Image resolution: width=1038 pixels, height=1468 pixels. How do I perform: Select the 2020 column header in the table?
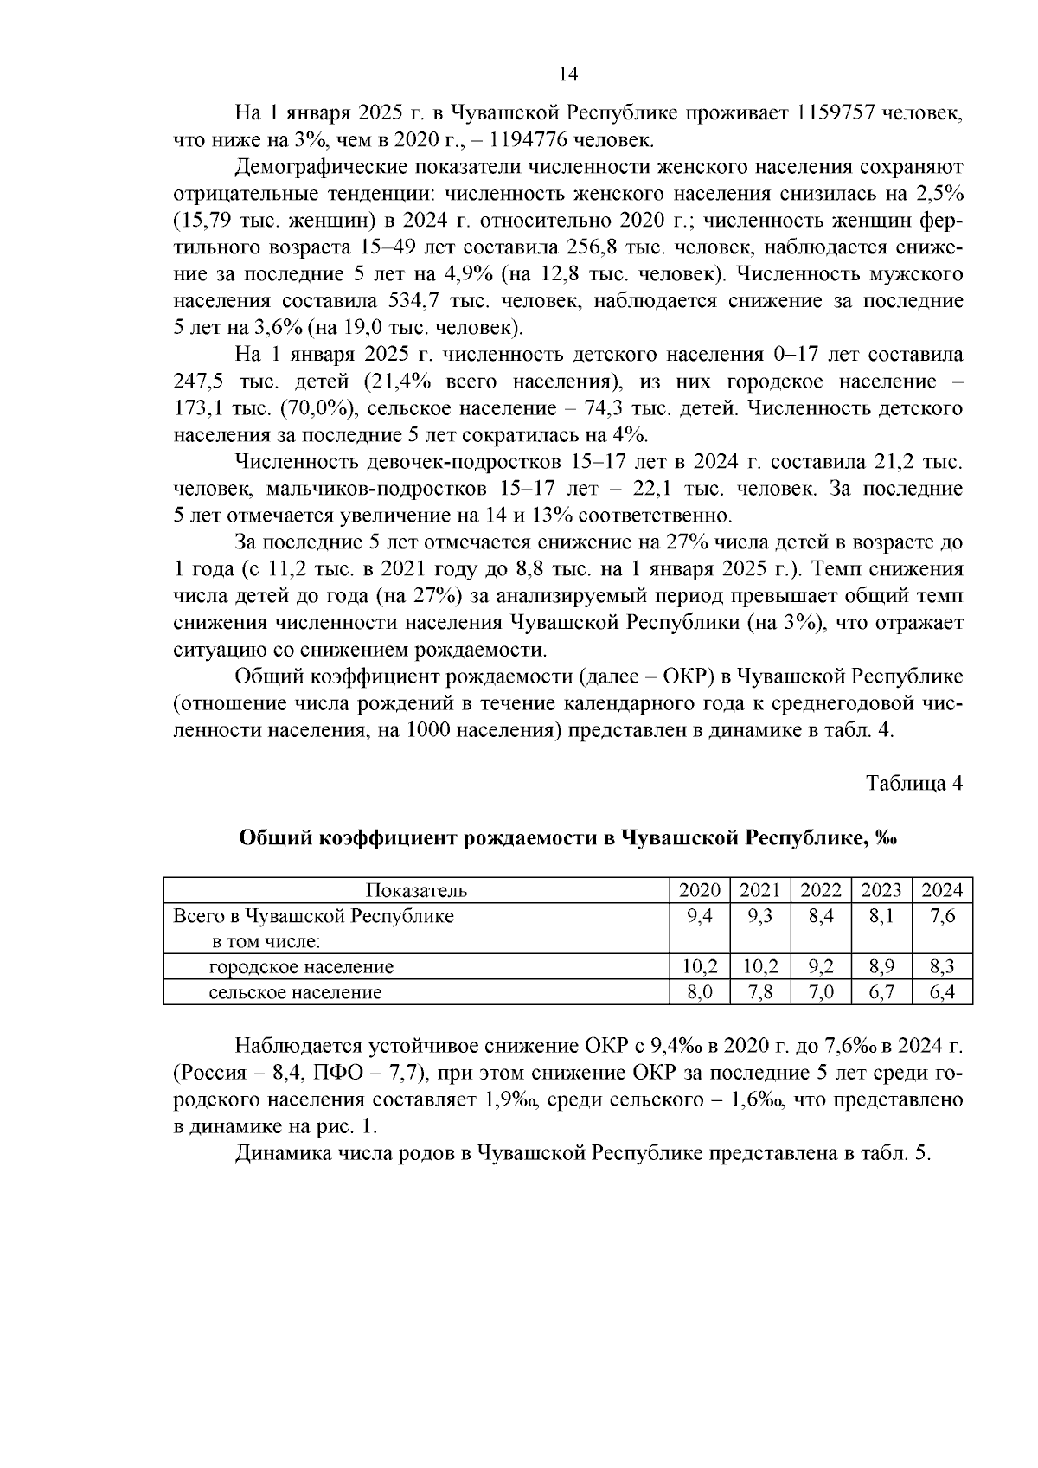click(x=699, y=891)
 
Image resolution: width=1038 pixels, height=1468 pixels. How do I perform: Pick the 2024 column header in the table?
click(x=942, y=891)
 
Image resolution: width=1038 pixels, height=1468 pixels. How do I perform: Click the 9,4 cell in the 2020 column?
click(x=699, y=916)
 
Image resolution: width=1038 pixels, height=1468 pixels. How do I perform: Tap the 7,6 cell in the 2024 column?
click(x=942, y=916)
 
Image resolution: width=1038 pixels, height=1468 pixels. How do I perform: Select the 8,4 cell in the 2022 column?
click(x=820, y=916)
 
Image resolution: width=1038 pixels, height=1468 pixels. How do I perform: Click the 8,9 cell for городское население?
click(x=881, y=966)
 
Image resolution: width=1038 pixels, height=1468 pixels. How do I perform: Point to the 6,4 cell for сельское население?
click(x=942, y=992)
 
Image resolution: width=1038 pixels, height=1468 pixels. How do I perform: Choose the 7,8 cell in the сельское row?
click(x=759, y=992)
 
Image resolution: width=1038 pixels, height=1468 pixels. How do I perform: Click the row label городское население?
click(x=301, y=966)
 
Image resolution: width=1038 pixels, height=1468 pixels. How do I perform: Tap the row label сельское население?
click(x=295, y=992)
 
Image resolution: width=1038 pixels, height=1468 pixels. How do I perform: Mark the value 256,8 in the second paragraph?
click(x=591, y=247)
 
